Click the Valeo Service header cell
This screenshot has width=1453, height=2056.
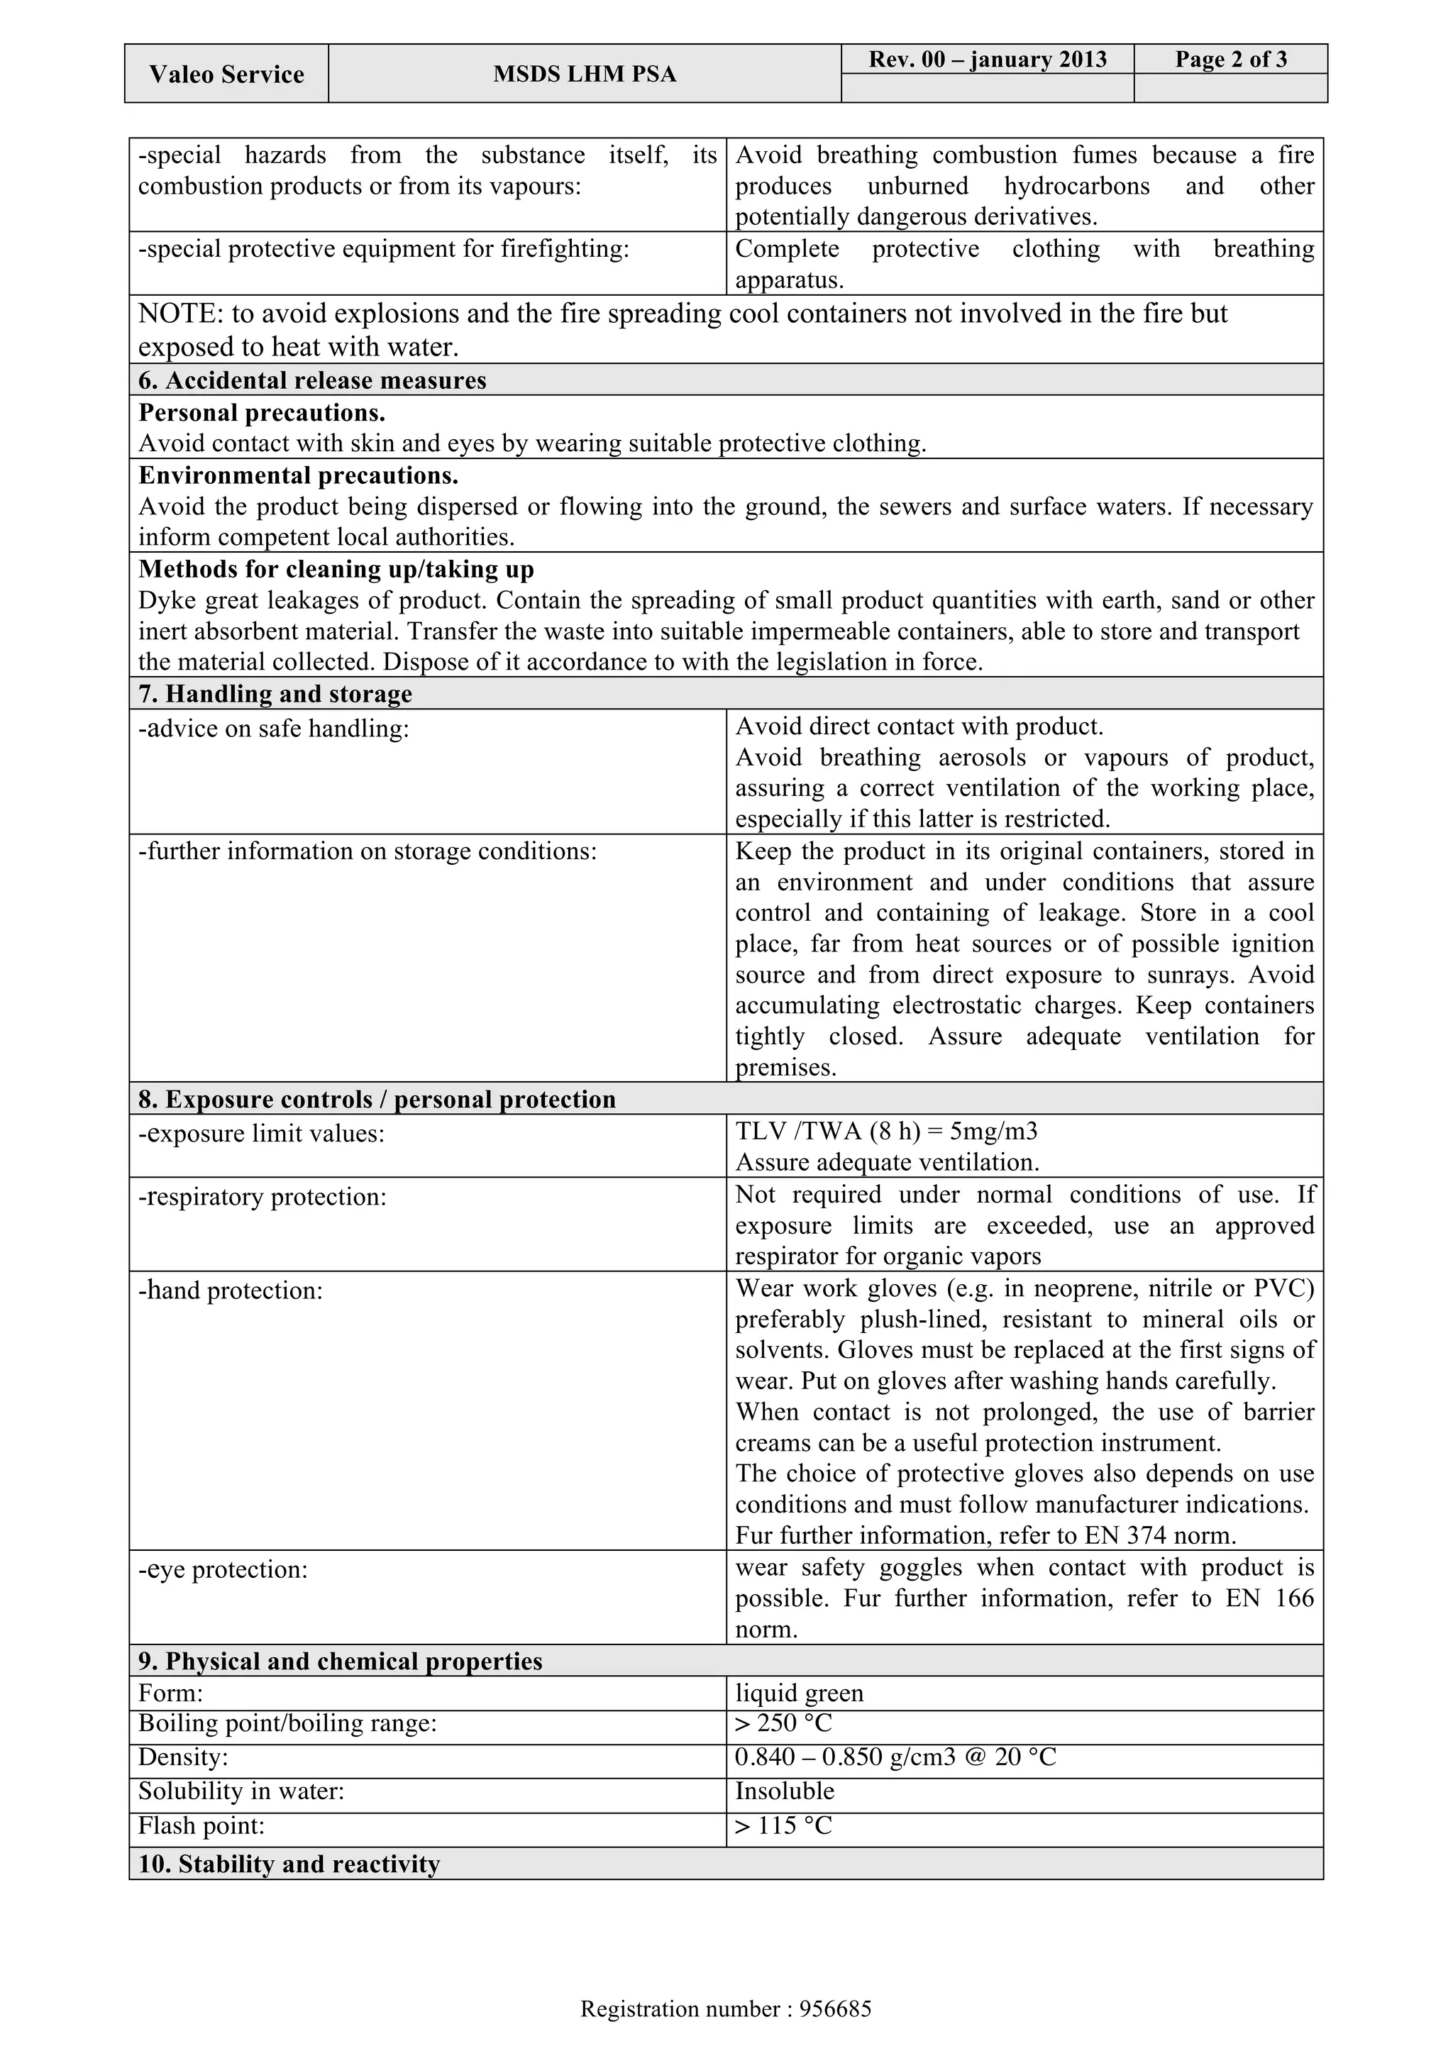coord(226,74)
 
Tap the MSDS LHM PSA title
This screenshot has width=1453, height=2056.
coord(585,74)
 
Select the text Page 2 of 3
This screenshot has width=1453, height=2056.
coord(1231,59)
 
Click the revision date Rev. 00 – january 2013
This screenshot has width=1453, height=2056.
coord(988,59)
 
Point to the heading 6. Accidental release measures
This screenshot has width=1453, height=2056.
coord(312,380)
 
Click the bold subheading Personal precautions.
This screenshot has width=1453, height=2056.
coord(261,413)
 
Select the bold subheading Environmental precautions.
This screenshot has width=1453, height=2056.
coord(298,475)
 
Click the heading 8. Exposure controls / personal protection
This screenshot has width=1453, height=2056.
coord(377,1100)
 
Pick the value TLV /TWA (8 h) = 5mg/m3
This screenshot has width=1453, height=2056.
coord(886,1131)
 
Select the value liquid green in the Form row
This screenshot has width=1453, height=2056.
coord(800,1693)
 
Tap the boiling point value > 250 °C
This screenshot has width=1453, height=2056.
coord(784,1723)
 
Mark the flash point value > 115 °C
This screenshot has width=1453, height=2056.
coord(784,1825)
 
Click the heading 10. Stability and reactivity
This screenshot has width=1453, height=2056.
coord(289,1864)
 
